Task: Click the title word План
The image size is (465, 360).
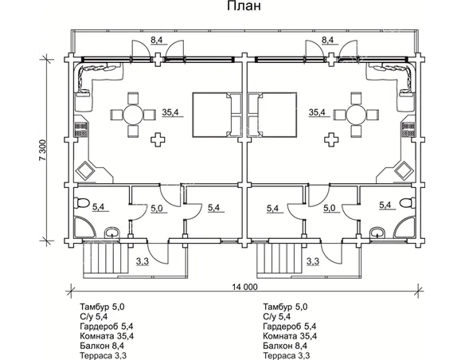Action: tap(244, 6)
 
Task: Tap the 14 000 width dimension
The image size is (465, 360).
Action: tap(244, 287)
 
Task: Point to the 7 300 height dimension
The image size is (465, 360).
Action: tap(43, 150)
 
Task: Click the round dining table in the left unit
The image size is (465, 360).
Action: tap(133, 115)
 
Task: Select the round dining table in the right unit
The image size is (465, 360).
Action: tap(357, 115)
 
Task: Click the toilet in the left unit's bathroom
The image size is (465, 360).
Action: tap(82, 203)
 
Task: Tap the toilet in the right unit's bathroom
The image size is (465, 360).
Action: tap(407, 203)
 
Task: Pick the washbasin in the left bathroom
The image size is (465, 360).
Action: tap(112, 232)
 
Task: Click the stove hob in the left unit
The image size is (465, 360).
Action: tap(80, 130)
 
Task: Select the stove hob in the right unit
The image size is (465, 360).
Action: tap(408, 130)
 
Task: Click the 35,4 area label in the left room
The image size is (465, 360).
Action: tap(170, 112)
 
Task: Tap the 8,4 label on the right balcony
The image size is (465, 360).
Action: tap(327, 40)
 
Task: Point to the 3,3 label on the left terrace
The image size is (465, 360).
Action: tap(143, 261)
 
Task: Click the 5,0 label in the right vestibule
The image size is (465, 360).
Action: tap(329, 208)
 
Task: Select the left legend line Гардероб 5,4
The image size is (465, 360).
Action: tap(107, 327)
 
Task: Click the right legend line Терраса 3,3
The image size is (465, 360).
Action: tap(287, 355)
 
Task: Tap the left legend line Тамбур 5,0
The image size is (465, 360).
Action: tap(102, 307)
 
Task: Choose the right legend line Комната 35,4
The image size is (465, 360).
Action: tap(290, 336)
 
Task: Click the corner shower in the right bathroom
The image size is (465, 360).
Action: tap(404, 228)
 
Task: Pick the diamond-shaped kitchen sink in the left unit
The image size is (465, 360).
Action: tap(85, 170)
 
